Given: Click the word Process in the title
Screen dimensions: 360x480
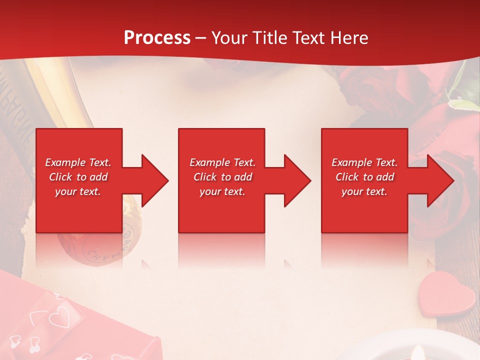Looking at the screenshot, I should pyautogui.click(x=157, y=37).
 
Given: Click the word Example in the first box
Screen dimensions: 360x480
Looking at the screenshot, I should pyautogui.click(x=65, y=162).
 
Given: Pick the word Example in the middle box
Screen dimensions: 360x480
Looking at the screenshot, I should pyautogui.click(x=209, y=162).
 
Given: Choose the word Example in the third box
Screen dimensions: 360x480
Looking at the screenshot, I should pyautogui.click(x=351, y=162).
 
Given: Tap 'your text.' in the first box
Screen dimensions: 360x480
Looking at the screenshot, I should pyautogui.click(x=78, y=191).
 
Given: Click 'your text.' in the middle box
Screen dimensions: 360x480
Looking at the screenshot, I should pyautogui.click(x=222, y=191).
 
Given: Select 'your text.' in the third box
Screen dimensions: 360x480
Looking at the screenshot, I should pyautogui.click(x=364, y=191).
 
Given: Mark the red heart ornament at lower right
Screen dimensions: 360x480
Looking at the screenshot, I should pyautogui.click(x=446, y=300).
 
